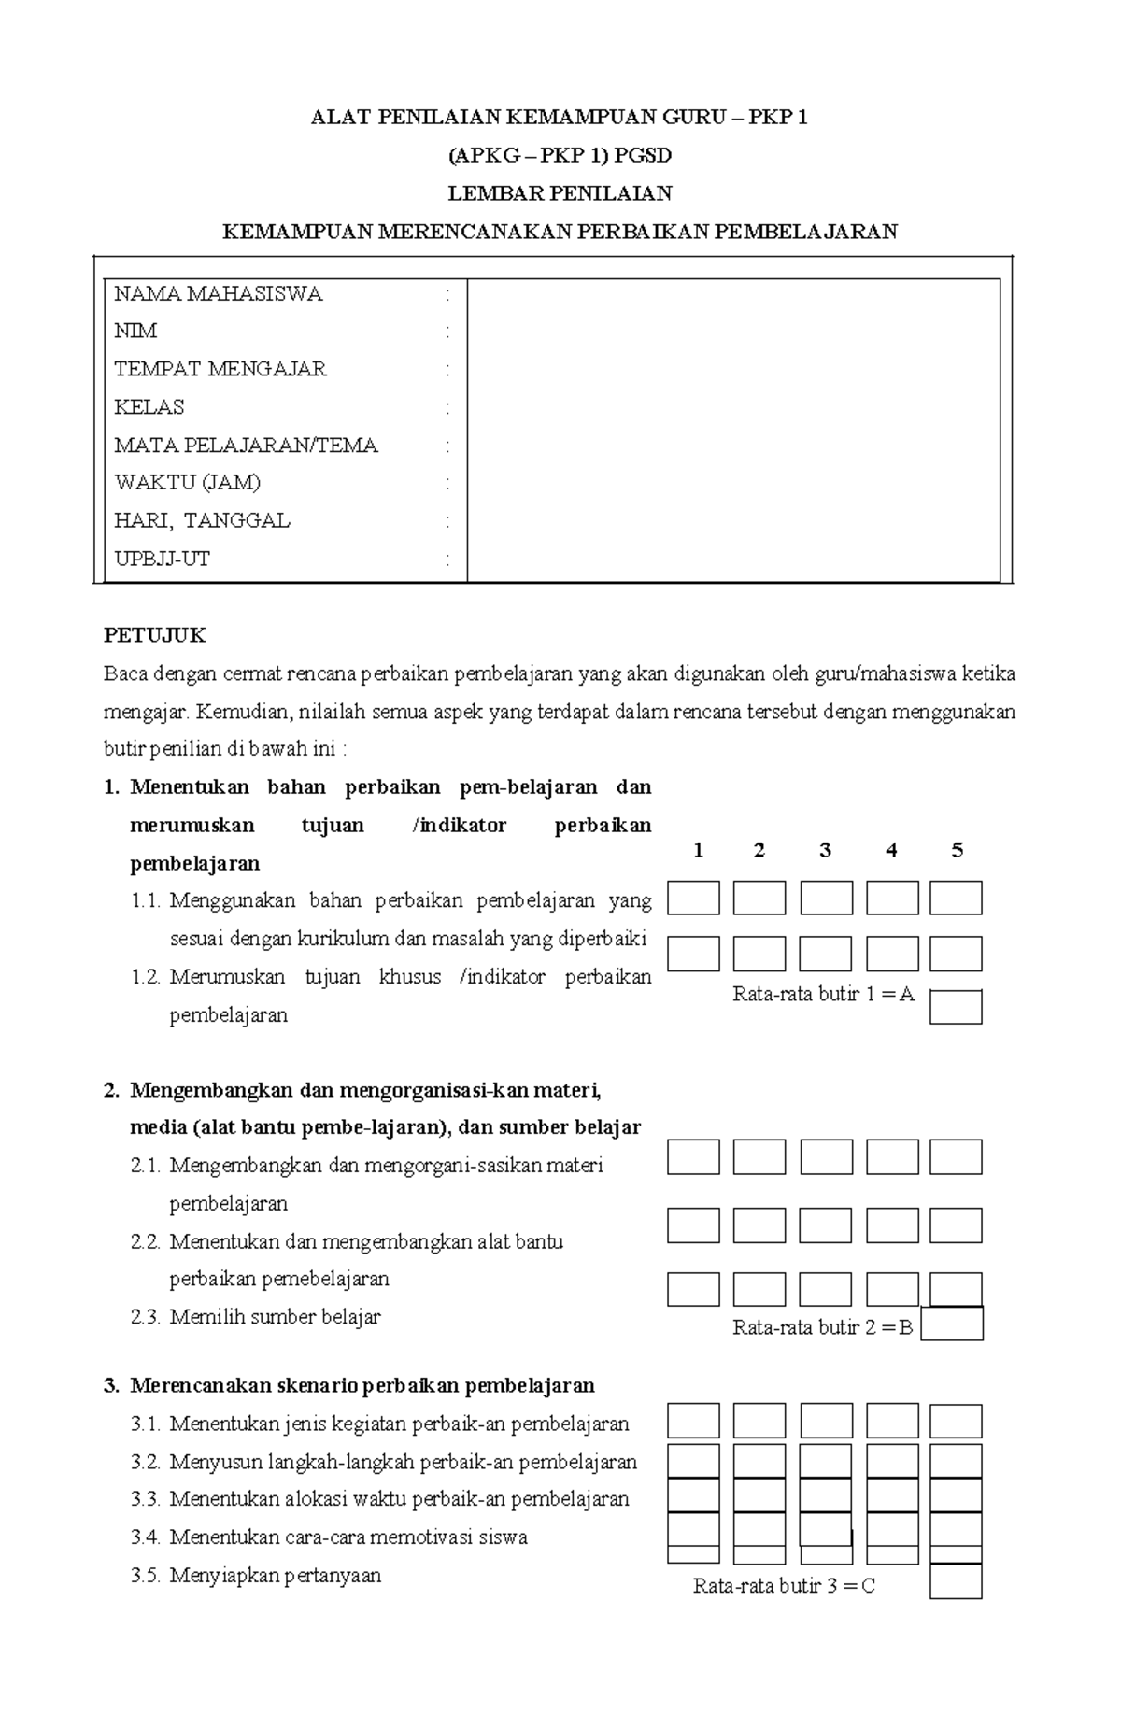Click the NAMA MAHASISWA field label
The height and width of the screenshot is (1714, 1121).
pos(218,294)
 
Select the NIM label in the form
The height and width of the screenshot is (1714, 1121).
pos(135,332)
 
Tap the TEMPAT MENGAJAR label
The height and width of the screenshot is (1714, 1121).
pos(220,369)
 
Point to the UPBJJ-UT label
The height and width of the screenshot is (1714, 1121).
pos(162,560)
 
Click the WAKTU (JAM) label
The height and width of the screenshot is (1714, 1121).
pos(187,483)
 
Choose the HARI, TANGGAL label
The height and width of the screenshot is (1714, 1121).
pos(202,521)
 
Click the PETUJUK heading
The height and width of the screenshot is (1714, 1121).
pos(154,636)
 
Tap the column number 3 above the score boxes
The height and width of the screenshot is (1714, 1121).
pos(825,850)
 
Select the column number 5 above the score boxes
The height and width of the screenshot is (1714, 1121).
pos(957,850)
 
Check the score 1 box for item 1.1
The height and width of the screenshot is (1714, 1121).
pos(693,898)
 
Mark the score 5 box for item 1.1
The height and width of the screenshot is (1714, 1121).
pos(956,898)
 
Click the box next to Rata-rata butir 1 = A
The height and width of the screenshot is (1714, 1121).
pos(956,1007)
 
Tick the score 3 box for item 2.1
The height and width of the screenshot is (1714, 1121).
pos(826,1156)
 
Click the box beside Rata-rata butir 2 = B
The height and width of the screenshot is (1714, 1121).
pos(952,1324)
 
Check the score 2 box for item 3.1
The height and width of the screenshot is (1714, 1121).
pos(759,1421)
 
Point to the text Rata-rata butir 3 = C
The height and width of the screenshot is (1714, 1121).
pos(784,1586)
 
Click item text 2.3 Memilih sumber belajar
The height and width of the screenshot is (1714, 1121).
pos(275,1317)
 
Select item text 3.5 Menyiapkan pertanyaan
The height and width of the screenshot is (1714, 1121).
pos(275,1576)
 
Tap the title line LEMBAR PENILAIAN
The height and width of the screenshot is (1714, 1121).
pos(560,193)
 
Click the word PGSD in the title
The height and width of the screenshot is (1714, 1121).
pos(643,155)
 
